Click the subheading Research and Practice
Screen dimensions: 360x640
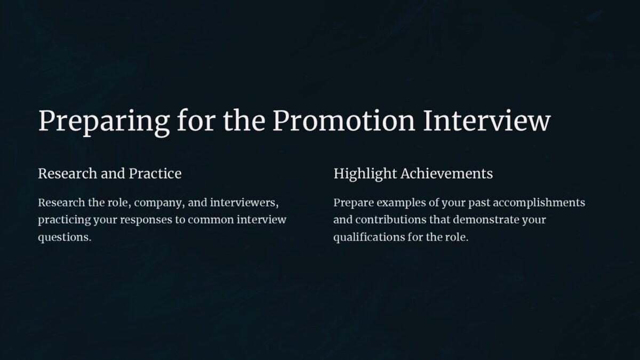(109, 174)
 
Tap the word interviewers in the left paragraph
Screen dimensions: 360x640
(245, 203)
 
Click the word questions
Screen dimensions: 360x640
(65, 237)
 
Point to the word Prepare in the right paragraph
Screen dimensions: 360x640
(353, 203)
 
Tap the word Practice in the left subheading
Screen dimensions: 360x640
(155, 174)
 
